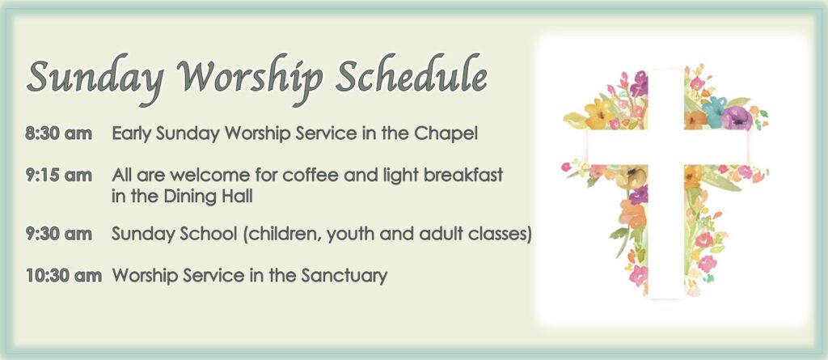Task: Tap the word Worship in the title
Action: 250,78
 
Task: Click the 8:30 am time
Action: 58,133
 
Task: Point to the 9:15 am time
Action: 58,175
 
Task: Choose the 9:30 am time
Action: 58,234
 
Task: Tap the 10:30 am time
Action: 63,275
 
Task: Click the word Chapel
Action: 446,134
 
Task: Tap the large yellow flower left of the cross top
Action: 599,112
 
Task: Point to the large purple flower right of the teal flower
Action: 736,117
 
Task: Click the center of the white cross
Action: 666,147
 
